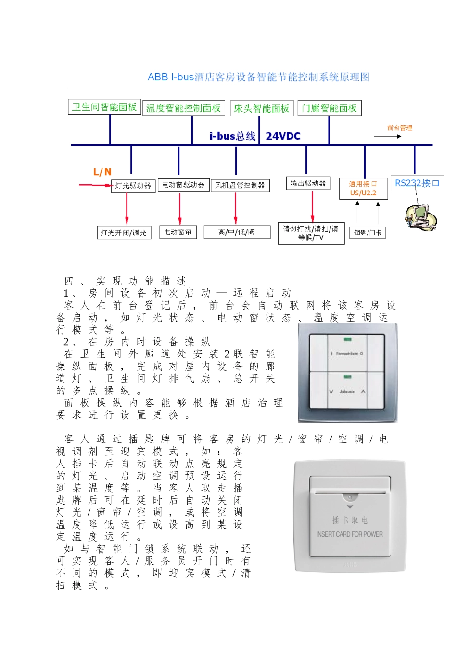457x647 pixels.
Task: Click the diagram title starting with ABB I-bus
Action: click(x=258, y=77)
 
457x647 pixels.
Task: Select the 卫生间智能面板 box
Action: click(x=104, y=107)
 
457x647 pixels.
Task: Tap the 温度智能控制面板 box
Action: click(x=183, y=108)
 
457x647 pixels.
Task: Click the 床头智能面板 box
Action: click(x=261, y=108)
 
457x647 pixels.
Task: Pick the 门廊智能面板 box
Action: click(x=330, y=108)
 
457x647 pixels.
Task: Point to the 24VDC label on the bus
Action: click(x=283, y=136)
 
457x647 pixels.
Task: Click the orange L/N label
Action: click(x=102, y=172)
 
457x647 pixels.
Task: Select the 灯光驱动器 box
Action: click(x=133, y=186)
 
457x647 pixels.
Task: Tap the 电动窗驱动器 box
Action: click(x=183, y=185)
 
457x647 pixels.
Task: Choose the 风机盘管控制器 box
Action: click(x=240, y=185)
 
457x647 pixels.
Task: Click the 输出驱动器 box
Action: click(x=308, y=183)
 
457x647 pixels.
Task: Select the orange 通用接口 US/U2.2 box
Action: click(x=363, y=188)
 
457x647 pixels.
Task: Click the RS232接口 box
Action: click(x=417, y=183)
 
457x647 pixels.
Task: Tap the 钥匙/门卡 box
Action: click(x=368, y=233)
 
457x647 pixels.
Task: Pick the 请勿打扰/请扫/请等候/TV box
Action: click(x=311, y=233)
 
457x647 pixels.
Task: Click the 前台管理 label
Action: click(x=400, y=128)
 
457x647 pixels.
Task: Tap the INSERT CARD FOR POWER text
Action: click(x=350, y=534)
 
